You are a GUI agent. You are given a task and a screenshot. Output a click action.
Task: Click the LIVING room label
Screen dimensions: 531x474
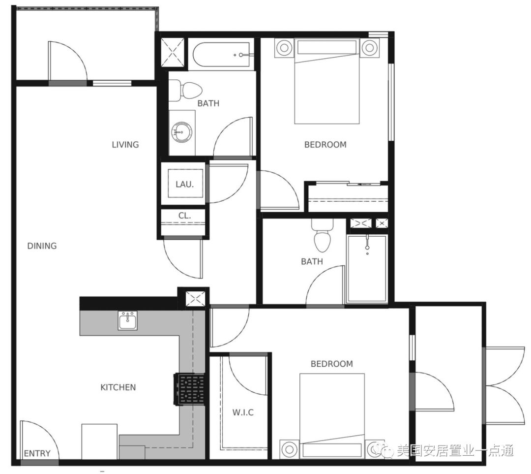point(125,145)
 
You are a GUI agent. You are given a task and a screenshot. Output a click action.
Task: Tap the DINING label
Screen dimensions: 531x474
point(42,246)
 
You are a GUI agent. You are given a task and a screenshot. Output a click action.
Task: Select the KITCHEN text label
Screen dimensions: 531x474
point(118,387)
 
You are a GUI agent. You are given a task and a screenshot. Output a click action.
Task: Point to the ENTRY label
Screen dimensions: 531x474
point(37,453)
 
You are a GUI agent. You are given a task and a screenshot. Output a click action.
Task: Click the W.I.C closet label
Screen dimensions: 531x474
point(243,412)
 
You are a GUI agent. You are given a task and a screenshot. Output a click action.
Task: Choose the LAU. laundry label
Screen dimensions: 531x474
point(184,185)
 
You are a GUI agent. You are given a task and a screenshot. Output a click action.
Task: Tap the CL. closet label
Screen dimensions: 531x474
point(184,215)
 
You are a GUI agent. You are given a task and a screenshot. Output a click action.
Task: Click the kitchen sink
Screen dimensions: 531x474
point(128,320)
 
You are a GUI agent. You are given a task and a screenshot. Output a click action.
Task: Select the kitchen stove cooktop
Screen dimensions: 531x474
point(189,389)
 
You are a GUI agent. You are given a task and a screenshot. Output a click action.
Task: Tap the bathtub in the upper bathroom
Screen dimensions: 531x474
point(221,55)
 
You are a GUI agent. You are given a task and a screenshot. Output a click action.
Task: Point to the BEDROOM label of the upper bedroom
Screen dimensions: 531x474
point(325,145)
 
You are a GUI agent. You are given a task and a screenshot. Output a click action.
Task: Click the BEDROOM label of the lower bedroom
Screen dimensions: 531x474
point(332,364)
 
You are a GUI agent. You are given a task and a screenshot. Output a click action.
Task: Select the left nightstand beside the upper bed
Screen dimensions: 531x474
point(284,47)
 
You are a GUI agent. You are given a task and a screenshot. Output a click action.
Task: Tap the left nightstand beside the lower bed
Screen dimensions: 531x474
point(289,449)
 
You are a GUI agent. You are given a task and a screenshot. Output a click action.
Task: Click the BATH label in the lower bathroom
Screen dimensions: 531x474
point(312,261)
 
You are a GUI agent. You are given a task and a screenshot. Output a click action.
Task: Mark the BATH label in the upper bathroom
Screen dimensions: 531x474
point(208,103)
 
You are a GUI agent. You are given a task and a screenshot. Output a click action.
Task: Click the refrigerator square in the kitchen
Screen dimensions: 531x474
point(99,442)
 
